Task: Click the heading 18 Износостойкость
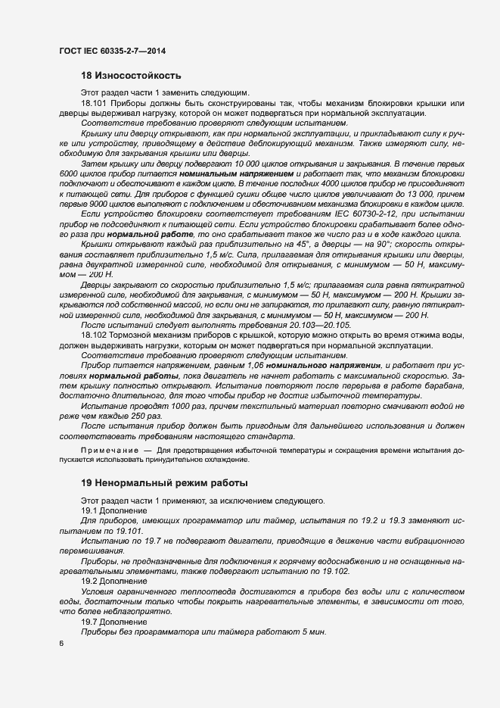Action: pos(131,76)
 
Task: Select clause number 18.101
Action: pos(94,103)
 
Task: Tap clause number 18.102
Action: pos(94,334)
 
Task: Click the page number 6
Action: pos(61,644)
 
